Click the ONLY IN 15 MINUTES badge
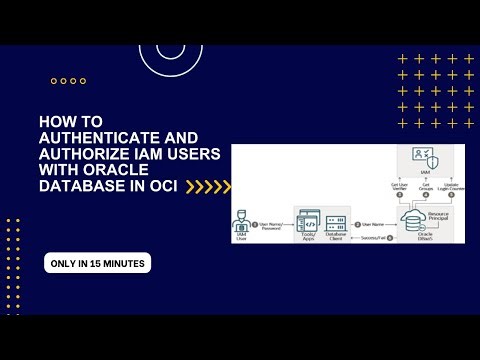[97, 263]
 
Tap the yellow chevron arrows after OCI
[209, 186]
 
